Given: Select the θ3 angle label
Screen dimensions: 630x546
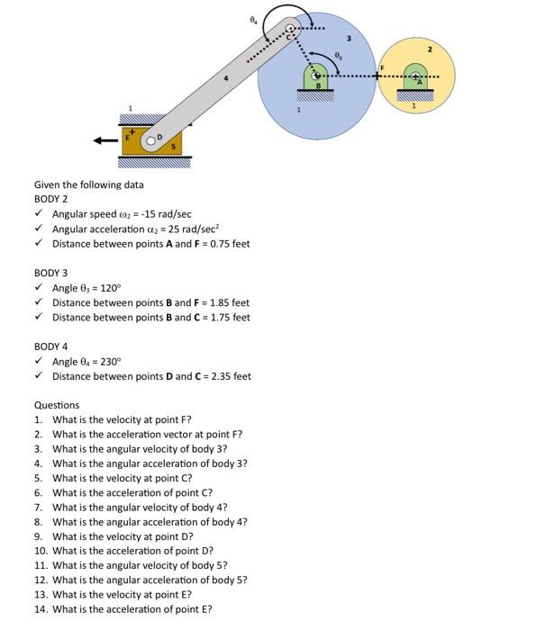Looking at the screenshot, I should point(338,56).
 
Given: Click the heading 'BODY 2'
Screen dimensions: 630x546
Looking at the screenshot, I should point(50,199).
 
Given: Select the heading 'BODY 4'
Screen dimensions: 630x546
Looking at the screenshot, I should point(50,346).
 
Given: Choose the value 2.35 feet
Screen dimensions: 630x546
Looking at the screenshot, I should point(228,376).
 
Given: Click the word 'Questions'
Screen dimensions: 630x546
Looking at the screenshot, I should point(56,405).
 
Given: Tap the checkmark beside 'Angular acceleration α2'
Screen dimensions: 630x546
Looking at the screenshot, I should point(38,229).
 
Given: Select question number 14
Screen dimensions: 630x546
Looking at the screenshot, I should point(41,609).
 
